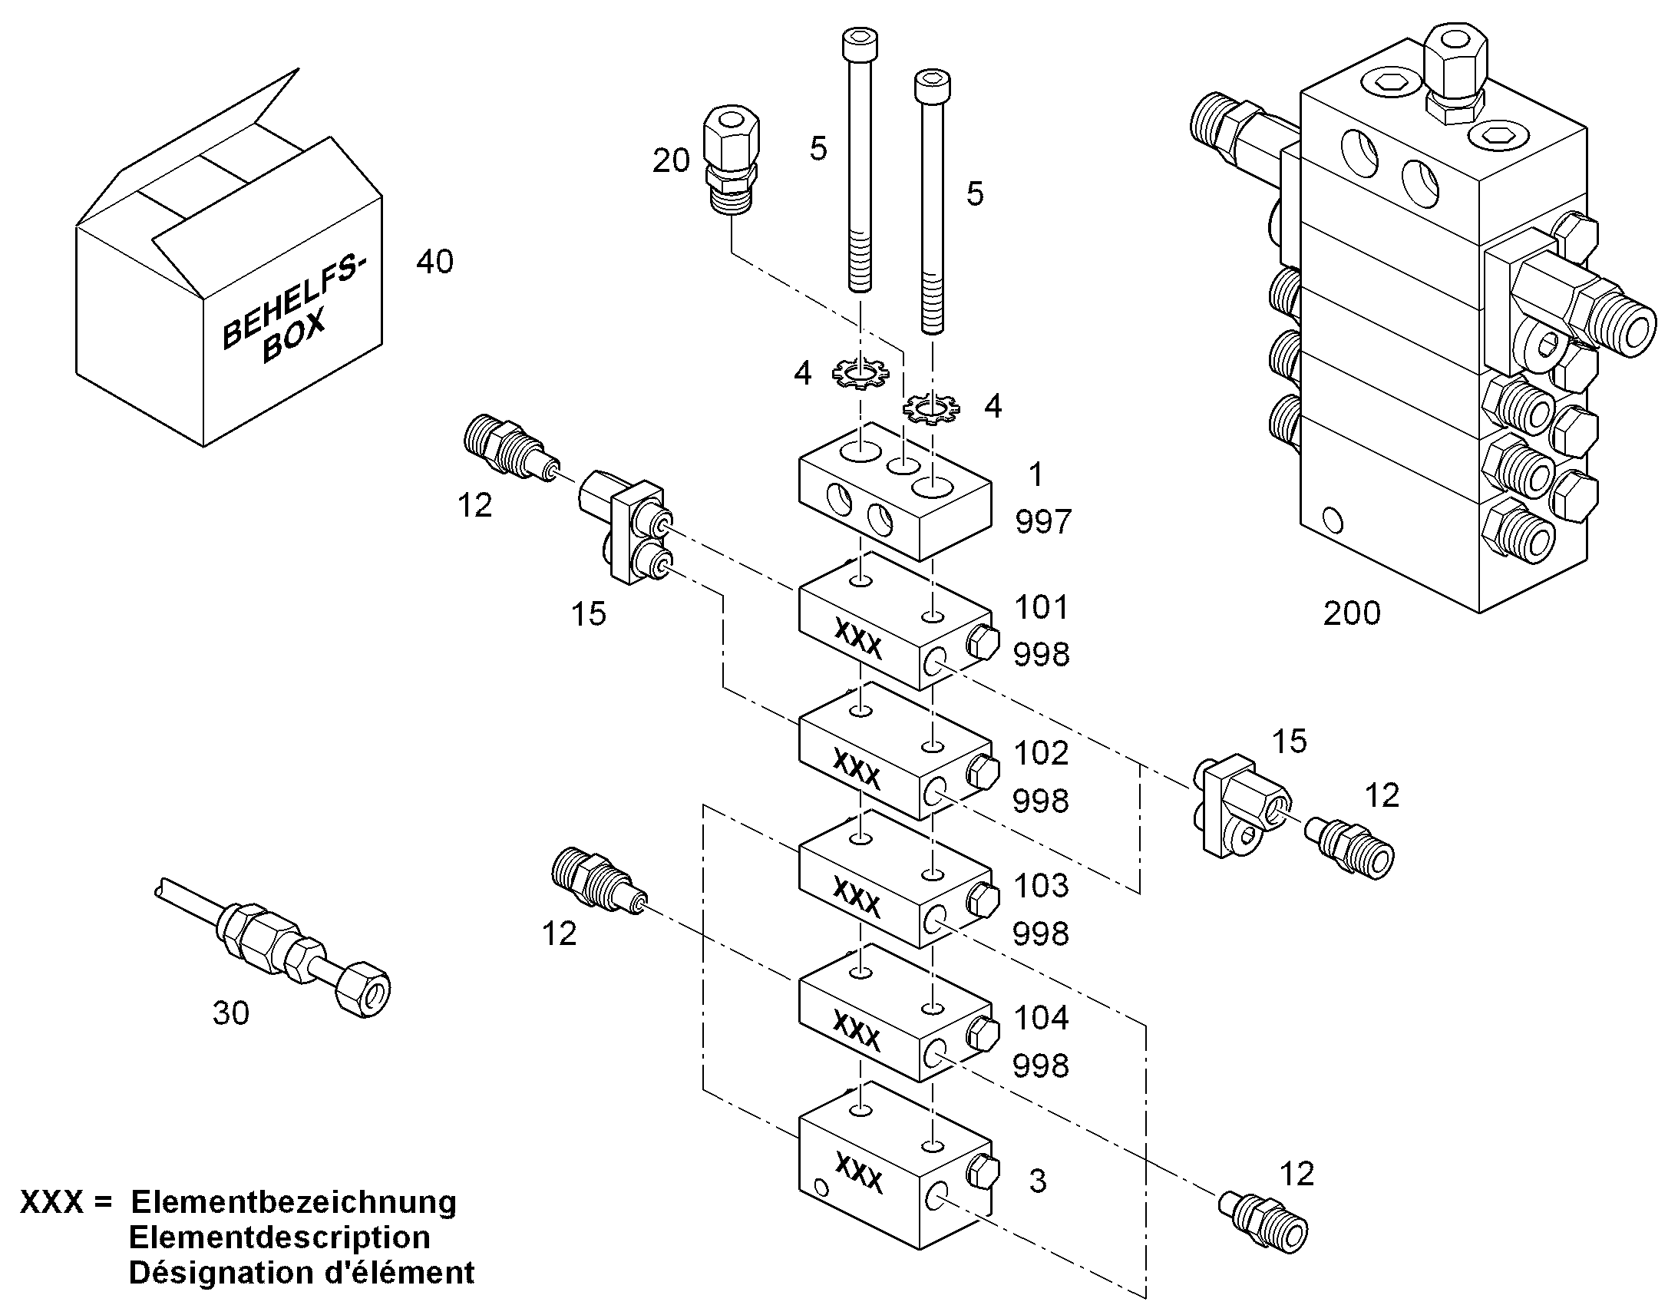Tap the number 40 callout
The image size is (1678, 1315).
click(x=435, y=263)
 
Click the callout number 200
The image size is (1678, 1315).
click(x=1352, y=613)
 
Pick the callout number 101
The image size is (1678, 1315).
click(x=1042, y=607)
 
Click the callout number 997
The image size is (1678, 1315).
click(x=1044, y=523)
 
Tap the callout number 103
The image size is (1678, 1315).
click(x=1042, y=886)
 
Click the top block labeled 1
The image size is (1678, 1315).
click(x=895, y=491)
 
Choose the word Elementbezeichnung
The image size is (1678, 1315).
click(x=294, y=1202)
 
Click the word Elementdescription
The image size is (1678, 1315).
click(x=279, y=1237)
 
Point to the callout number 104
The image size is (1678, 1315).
click(x=1042, y=1019)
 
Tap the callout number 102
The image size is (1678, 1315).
click(x=1042, y=753)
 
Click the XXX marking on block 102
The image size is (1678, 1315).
click(x=857, y=771)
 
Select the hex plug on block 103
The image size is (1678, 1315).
click(x=983, y=899)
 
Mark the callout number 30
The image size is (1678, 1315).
click(x=231, y=1014)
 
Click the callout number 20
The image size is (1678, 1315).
click(x=671, y=161)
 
